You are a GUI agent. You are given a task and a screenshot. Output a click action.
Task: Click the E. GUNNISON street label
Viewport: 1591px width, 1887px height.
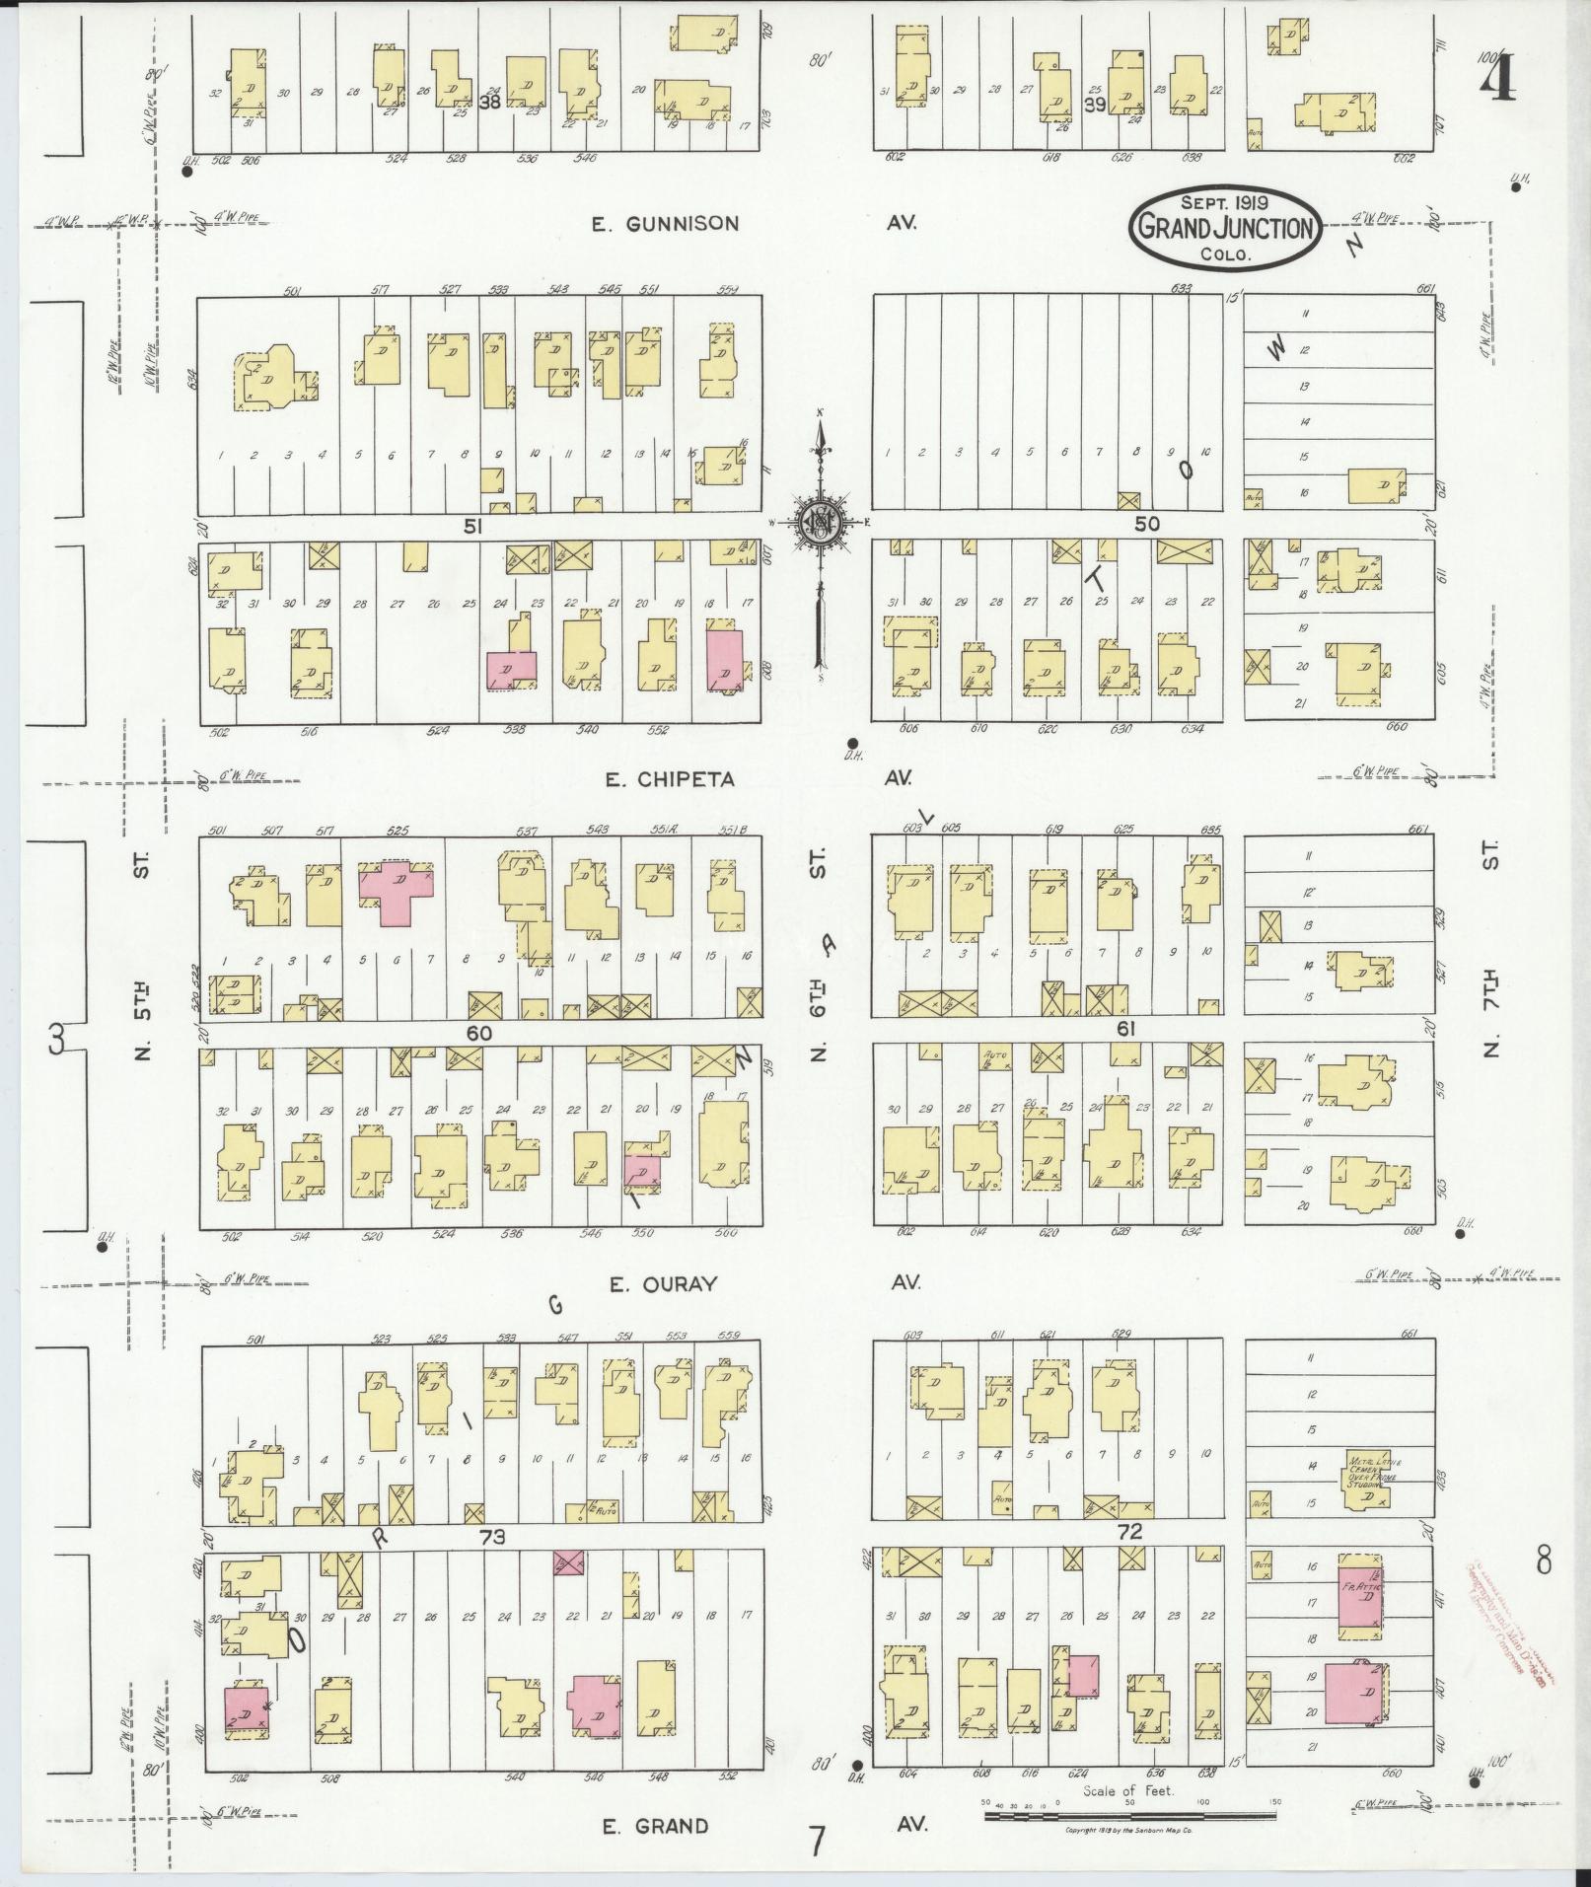pos(665,224)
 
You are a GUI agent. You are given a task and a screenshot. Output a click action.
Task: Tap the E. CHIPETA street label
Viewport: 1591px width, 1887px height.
pos(670,779)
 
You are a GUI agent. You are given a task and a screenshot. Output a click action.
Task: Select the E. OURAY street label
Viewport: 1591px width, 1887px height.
pos(662,1284)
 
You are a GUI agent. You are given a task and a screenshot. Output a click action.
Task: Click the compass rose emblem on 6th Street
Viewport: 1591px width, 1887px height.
pos(819,521)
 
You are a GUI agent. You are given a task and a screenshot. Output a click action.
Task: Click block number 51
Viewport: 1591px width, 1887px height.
pos(473,528)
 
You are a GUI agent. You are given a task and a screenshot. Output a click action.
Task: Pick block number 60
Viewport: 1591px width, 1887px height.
pos(479,1033)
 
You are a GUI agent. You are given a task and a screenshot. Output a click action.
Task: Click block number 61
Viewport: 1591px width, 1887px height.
pos(1127,1029)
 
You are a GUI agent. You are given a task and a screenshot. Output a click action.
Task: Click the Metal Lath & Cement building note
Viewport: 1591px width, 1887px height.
pos(1371,1476)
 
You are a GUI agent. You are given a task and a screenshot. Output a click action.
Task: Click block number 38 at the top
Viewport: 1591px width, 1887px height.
pos(488,102)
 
